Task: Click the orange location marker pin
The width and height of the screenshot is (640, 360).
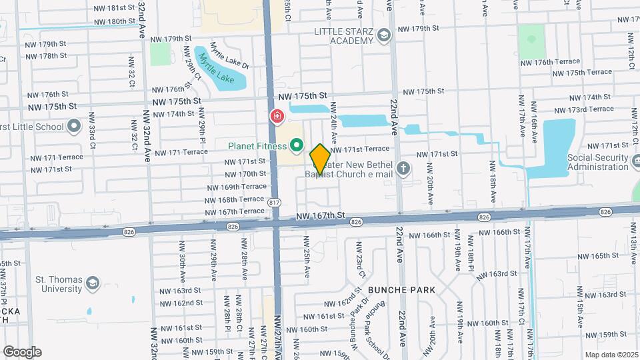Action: coord(320,159)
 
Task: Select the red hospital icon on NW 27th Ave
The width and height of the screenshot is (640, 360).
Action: coord(276,117)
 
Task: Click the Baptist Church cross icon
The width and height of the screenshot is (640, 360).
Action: coord(403,169)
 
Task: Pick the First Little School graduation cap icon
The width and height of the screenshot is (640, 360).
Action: coord(74,126)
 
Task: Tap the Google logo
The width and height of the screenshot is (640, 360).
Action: coord(23,351)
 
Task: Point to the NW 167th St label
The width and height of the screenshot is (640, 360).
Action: coord(320,216)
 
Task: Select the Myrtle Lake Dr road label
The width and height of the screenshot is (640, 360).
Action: coord(229,56)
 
